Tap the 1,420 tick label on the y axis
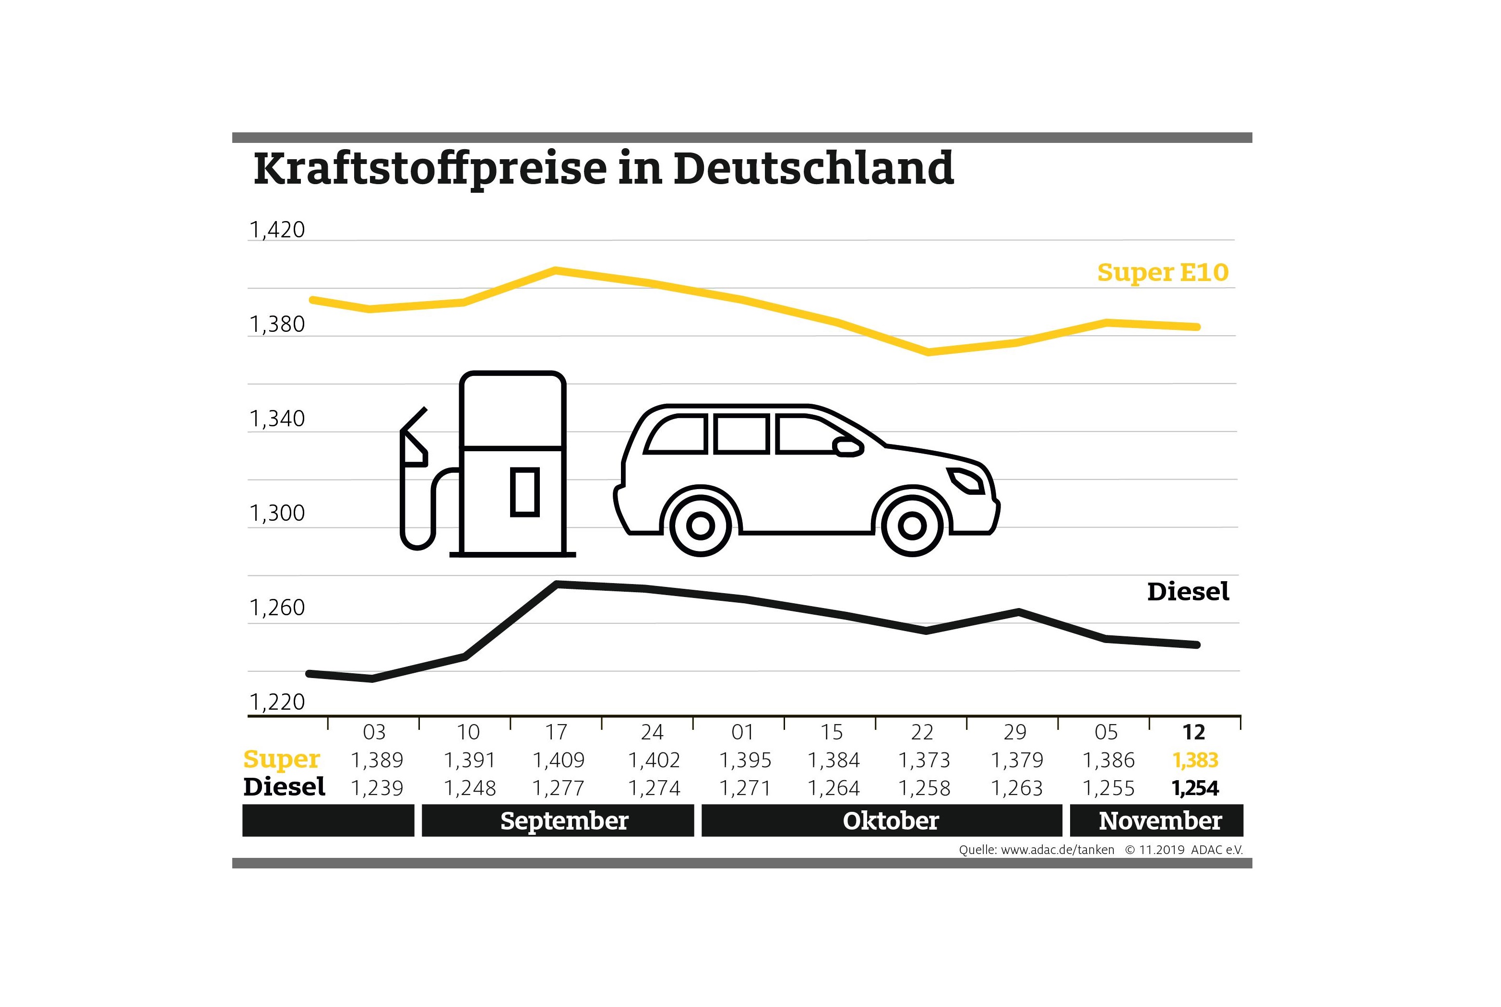click(277, 230)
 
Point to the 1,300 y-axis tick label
click(277, 513)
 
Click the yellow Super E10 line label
click(1162, 272)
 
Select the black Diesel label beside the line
click(1188, 591)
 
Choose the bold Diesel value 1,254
click(1194, 788)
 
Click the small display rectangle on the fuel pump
click(524, 492)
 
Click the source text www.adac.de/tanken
click(1057, 850)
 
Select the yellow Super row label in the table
click(281, 759)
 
